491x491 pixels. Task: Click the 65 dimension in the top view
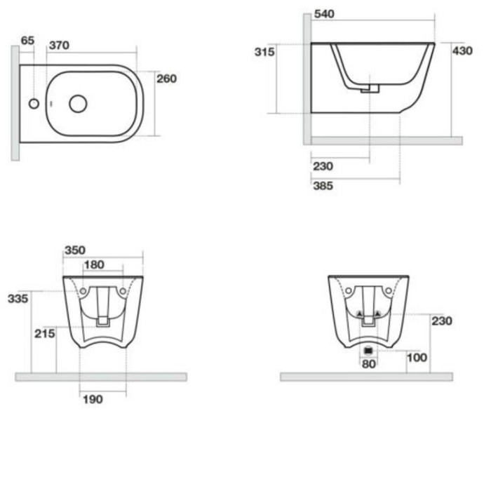point(27,41)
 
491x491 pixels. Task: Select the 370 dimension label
point(59,46)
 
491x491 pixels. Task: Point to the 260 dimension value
point(167,79)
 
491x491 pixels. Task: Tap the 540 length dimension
point(324,14)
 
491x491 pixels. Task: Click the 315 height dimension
point(264,52)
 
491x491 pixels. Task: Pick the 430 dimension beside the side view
point(462,51)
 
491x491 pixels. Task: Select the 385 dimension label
point(323,186)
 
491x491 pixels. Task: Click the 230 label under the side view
point(323,166)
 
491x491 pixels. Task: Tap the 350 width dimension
point(75,250)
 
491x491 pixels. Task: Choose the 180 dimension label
point(94,265)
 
